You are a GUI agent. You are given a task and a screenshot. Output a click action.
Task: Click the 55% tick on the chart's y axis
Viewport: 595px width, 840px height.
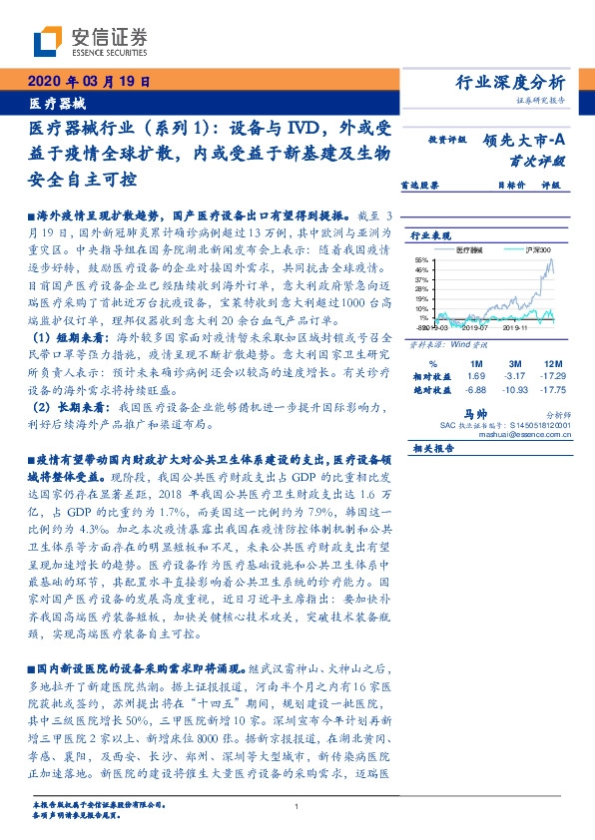pos(424,258)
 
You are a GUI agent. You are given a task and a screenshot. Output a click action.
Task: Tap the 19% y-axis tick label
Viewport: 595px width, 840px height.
pos(424,295)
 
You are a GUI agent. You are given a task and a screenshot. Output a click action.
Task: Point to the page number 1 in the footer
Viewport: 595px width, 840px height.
pos(297,807)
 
